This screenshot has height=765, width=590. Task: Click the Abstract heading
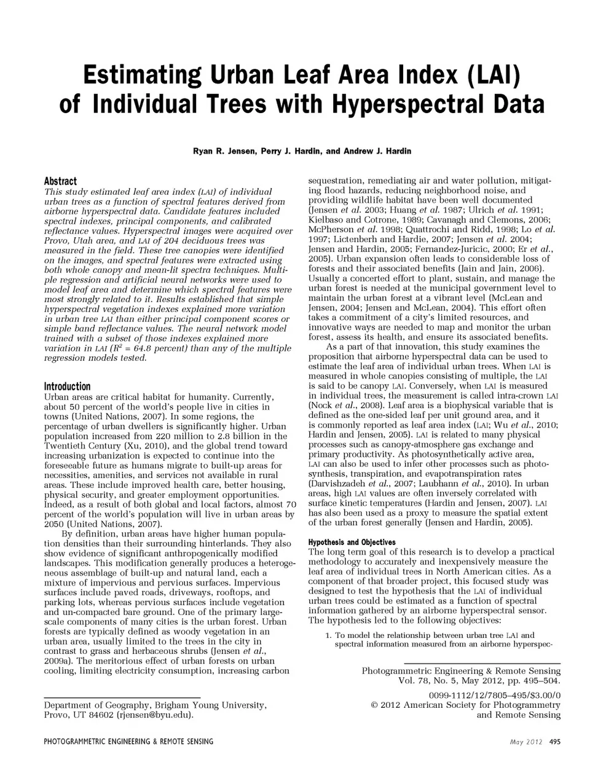click(60, 181)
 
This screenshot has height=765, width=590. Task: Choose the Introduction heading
click(67, 386)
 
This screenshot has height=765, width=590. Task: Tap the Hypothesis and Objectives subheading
click(352, 543)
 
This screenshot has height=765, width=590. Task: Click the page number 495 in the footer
click(555, 742)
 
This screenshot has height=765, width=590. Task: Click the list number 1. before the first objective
click(329, 635)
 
